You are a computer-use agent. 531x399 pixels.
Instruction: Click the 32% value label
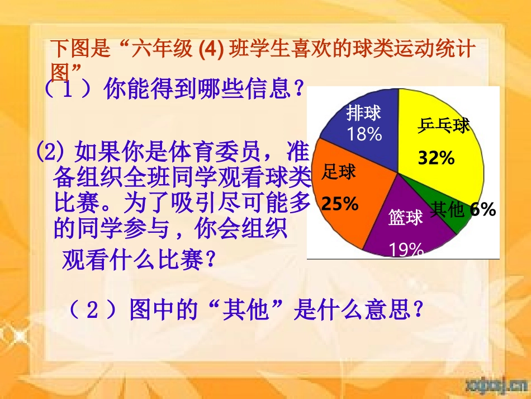coord(437,159)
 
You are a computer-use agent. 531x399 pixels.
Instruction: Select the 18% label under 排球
coord(364,134)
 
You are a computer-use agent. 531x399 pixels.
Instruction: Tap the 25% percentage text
coord(340,204)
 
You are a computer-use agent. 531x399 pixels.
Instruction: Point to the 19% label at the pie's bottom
coord(406,250)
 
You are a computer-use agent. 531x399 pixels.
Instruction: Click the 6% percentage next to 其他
coord(483,210)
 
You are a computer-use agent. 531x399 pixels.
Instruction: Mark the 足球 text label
coord(339,173)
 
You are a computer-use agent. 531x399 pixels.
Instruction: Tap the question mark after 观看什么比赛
coord(210,260)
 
